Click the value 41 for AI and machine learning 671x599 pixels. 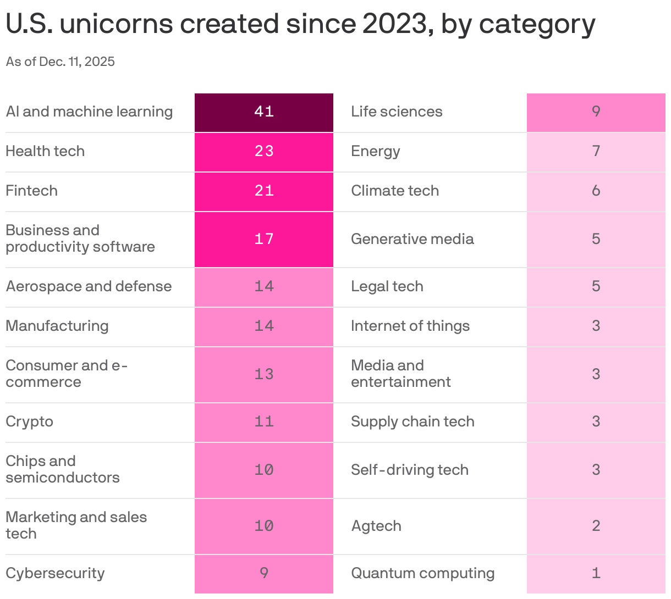[264, 112]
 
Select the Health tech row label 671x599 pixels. [45, 151]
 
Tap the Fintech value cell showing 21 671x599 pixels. [264, 191]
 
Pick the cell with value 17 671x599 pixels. [264, 239]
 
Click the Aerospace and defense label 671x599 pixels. [89, 286]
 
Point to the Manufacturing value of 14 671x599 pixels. [264, 326]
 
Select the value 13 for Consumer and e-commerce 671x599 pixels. [264, 374]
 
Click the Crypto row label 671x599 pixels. [30, 421]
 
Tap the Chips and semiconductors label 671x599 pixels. [62, 469]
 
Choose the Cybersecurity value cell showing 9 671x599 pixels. [264, 573]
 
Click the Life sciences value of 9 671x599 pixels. [596, 112]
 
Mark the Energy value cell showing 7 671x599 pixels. [596, 151]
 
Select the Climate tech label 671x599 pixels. [395, 191]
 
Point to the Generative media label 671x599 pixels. [412, 239]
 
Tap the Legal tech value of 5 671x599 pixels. [596, 286]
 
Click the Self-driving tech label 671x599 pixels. [410, 470]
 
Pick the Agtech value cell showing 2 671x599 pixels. [596, 526]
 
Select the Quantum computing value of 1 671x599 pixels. [596, 573]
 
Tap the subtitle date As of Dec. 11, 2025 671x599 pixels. [61, 62]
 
